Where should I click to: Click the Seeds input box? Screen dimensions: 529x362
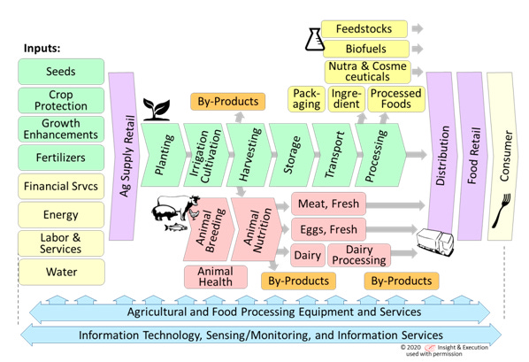(x=61, y=72)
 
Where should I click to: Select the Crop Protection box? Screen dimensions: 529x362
(x=61, y=100)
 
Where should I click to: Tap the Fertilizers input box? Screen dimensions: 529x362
(x=61, y=158)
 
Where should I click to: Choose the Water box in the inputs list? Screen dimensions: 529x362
(x=62, y=272)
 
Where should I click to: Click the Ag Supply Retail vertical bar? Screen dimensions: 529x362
(x=123, y=156)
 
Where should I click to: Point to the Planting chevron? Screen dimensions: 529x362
(x=164, y=155)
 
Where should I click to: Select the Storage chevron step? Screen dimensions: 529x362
(x=292, y=155)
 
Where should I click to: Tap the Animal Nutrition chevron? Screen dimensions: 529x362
(x=257, y=229)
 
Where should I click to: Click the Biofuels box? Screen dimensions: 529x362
(x=366, y=49)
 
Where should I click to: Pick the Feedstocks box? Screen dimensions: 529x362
(x=364, y=29)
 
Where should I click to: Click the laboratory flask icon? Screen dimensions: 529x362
(x=314, y=40)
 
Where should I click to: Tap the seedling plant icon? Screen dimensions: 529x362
(x=157, y=110)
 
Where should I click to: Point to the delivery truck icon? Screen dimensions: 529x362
(x=435, y=241)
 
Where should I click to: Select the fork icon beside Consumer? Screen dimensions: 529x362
(x=502, y=210)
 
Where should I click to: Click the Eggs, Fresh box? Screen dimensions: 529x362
(x=328, y=229)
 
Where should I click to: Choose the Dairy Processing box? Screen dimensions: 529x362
(x=359, y=255)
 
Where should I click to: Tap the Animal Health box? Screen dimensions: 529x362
(x=216, y=276)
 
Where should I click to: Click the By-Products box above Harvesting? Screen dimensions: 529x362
(x=227, y=101)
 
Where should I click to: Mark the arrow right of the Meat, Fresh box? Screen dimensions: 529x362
(x=395, y=205)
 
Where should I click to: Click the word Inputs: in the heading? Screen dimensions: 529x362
(x=42, y=48)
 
